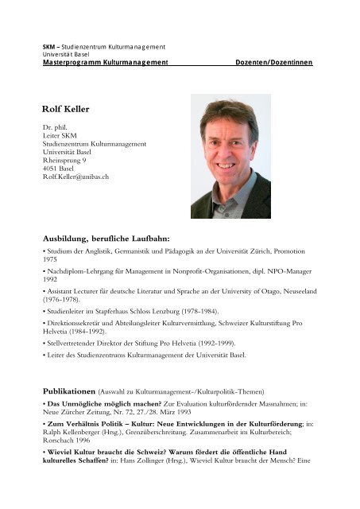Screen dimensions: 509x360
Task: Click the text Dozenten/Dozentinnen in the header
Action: pyautogui.click(x=273, y=62)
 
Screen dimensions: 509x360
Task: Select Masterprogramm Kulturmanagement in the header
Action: pyautogui.click(x=106, y=62)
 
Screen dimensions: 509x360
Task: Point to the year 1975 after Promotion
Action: pyautogui.click(x=52, y=260)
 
